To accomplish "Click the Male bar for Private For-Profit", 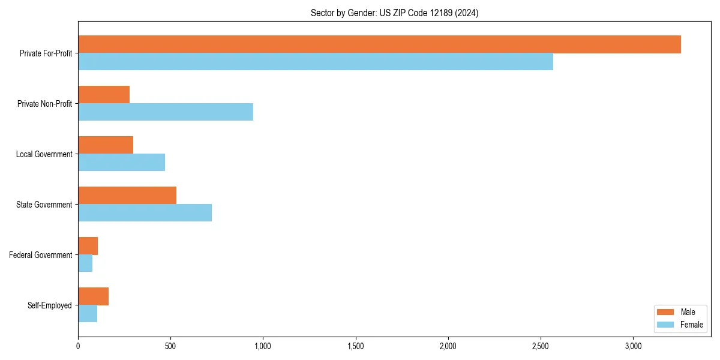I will pyautogui.click(x=379, y=44).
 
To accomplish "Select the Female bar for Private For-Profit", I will pyautogui.click(x=316, y=62).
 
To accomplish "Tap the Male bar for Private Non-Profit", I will pyautogui.click(x=104, y=95).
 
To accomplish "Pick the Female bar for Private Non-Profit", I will pyautogui.click(x=166, y=112).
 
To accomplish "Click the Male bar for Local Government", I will pyautogui.click(x=106, y=145).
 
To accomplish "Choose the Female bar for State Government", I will pyautogui.click(x=145, y=213).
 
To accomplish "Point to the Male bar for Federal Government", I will pyautogui.click(x=88, y=246).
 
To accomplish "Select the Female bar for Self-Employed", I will pyautogui.click(x=88, y=314).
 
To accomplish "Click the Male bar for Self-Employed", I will pyautogui.click(x=93, y=296).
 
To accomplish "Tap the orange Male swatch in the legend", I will pyautogui.click(x=666, y=312).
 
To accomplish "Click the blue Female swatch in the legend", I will pyautogui.click(x=666, y=325).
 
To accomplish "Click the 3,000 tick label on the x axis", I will pyautogui.click(x=634, y=346).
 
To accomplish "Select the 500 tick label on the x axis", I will pyautogui.click(x=170, y=346).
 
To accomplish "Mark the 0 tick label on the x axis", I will pyautogui.click(x=78, y=346).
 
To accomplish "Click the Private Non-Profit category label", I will pyautogui.click(x=44, y=104).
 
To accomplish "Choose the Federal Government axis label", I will pyautogui.click(x=41, y=255).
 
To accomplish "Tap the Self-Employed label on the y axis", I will pyautogui.click(x=50, y=305).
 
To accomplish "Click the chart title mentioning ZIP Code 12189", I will pyautogui.click(x=394, y=13).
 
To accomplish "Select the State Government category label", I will pyautogui.click(x=44, y=205).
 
